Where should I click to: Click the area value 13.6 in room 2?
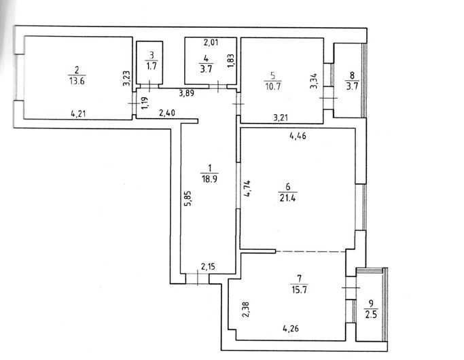click(77, 81)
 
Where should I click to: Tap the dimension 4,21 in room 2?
click(78, 113)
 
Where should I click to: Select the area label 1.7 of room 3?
click(151, 66)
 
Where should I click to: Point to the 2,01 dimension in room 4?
click(211, 43)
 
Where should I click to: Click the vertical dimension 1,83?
click(231, 61)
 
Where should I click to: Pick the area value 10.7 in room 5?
click(273, 87)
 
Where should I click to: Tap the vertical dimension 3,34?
click(314, 81)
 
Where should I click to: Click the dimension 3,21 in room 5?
click(281, 118)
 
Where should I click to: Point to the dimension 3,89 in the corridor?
click(187, 94)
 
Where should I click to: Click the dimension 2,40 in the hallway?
click(167, 113)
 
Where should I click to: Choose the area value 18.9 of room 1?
click(209, 179)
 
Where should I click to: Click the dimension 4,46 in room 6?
click(298, 137)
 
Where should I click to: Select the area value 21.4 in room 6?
click(287, 198)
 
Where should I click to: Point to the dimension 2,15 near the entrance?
click(209, 267)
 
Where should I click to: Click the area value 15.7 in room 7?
click(299, 289)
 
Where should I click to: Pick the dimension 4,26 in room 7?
click(291, 328)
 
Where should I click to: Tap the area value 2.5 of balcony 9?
click(371, 314)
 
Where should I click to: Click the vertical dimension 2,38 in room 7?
click(246, 310)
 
